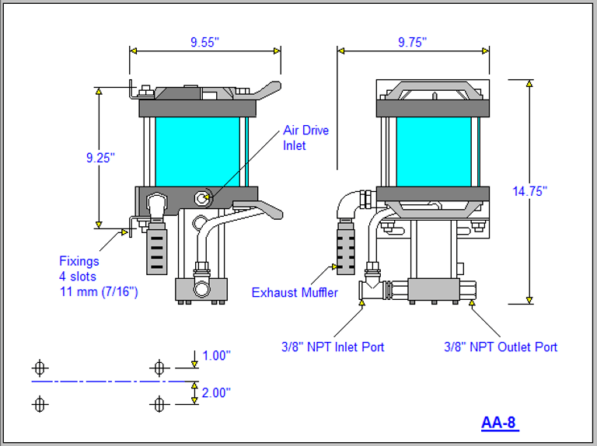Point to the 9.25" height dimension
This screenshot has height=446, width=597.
tap(100, 158)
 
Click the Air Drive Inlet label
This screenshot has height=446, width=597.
tap(305, 138)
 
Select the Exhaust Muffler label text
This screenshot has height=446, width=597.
tap(295, 293)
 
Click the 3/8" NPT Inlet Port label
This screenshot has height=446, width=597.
tap(333, 347)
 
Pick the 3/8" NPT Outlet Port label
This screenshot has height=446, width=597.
tap(501, 347)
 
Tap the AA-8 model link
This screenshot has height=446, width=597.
tap(499, 423)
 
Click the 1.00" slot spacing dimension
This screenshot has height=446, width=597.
tap(216, 355)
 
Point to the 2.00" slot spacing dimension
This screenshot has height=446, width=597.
tap(216, 393)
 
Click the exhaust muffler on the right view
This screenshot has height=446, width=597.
tap(346, 245)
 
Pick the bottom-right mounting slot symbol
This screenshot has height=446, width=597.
tap(159, 404)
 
